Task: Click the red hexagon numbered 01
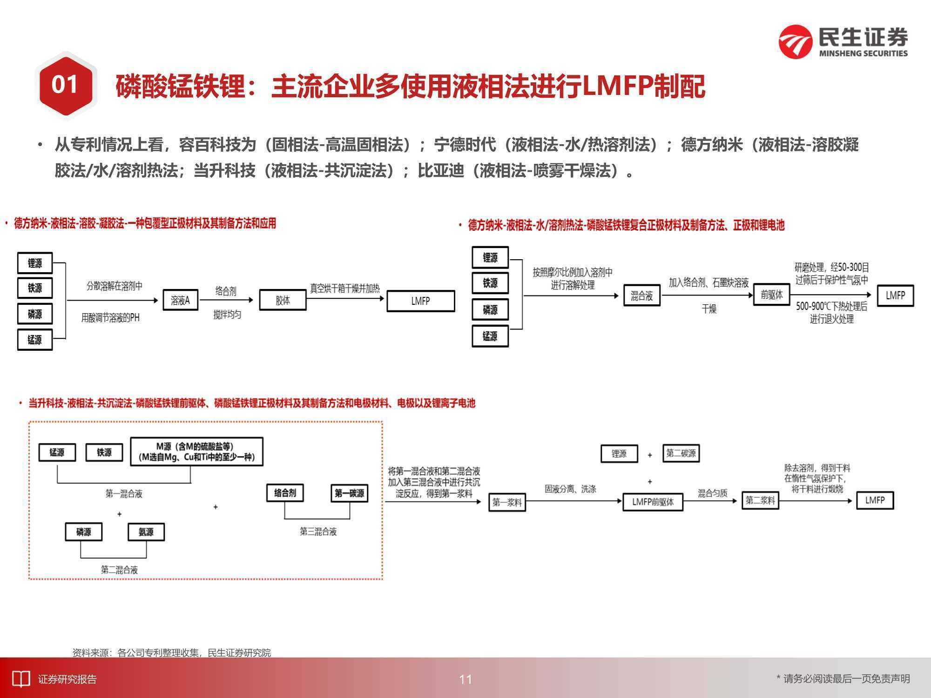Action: coord(65,85)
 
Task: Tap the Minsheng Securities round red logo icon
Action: coord(796,42)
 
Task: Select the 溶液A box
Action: coord(180,300)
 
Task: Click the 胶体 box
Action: coord(283,300)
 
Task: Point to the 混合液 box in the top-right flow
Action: coord(642,295)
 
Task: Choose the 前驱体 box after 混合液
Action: coord(772,295)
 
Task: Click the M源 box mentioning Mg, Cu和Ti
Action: coord(196,451)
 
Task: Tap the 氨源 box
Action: coord(146,532)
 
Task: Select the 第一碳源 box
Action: coord(349,493)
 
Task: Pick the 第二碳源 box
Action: coord(681,453)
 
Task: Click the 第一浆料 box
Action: coord(507,502)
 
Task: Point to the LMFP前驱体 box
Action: coord(653,502)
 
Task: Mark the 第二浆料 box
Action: coord(760,500)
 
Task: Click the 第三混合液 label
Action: coord(318,531)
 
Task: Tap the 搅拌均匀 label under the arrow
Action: coord(227,315)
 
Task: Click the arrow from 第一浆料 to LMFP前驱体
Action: coord(574,501)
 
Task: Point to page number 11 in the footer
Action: coord(465,679)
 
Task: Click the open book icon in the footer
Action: coord(20,679)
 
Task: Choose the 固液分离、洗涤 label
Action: coord(570,489)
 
